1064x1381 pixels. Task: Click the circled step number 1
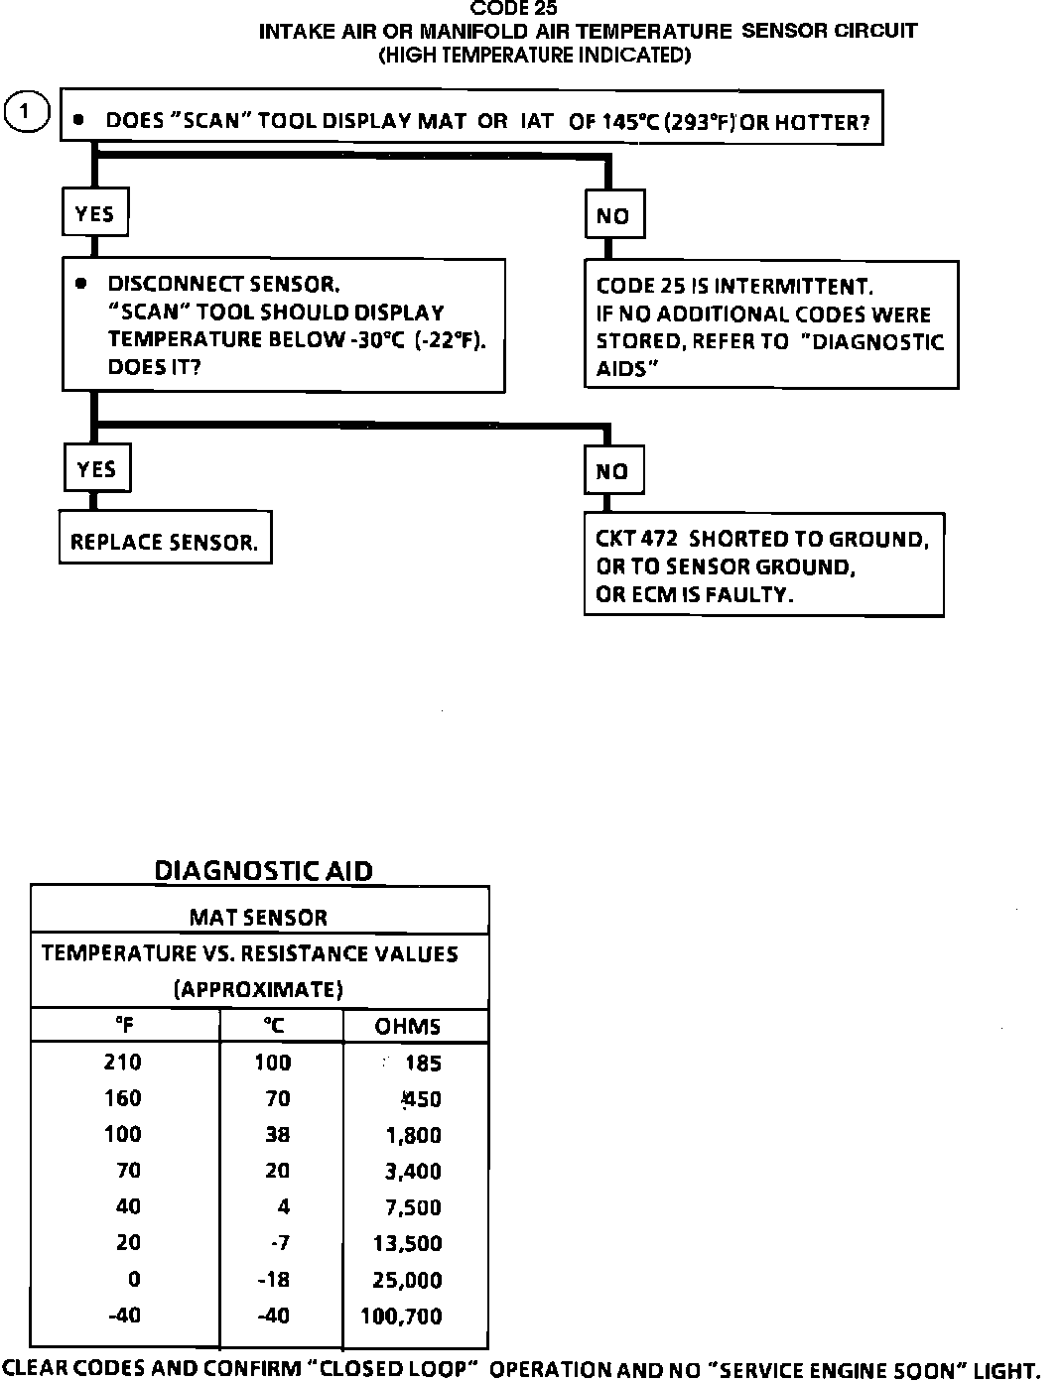pyautogui.click(x=27, y=111)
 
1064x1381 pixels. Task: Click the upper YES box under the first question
pyautogui.click(x=95, y=213)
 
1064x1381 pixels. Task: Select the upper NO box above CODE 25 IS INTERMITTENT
pyautogui.click(x=613, y=215)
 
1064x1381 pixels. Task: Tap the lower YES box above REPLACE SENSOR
pyautogui.click(x=96, y=469)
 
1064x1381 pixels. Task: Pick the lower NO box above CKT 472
pyautogui.click(x=612, y=471)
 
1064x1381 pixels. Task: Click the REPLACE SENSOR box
pyautogui.click(x=165, y=542)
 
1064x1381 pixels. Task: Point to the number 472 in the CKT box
pyautogui.click(x=660, y=539)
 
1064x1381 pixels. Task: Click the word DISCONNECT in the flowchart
pyautogui.click(x=169, y=284)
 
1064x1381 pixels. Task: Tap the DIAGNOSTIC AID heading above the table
pyautogui.click(x=264, y=871)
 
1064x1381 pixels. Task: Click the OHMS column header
pyautogui.click(x=408, y=1026)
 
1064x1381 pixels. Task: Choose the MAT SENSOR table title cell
pyautogui.click(x=258, y=917)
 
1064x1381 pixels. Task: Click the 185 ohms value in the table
pyautogui.click(x=423, y=1064)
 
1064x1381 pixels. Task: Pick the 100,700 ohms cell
pyautogui.click(x=408, y=1317)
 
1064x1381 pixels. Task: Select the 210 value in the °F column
pyautogui.click(x=123, y=1063)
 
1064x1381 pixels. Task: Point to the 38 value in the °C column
pyautogui.click(x=277, y=1134)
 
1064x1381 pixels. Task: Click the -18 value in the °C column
pyautogui.click(x=274, y=1280)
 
